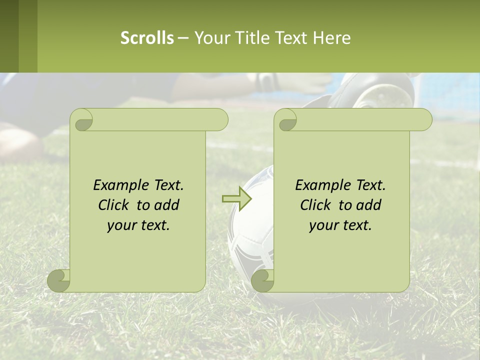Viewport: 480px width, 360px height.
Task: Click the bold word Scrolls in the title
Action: tap(147, 38)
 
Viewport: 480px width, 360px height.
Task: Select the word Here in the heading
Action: tap(331, 38)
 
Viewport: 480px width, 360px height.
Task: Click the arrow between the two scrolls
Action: tap(236, 198)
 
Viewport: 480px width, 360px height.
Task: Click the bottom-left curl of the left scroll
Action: tap(59, 280)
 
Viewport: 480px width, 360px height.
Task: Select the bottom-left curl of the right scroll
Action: tap(262, 280)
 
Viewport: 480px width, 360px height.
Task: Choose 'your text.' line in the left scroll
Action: tap(138, 225)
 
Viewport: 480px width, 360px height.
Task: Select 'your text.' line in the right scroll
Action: tap(340, 225)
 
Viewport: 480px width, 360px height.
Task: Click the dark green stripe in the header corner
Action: tap(9, 36)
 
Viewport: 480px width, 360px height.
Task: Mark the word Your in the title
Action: tap(211, 38)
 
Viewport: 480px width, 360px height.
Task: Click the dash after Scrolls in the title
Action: tap(183, 38)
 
